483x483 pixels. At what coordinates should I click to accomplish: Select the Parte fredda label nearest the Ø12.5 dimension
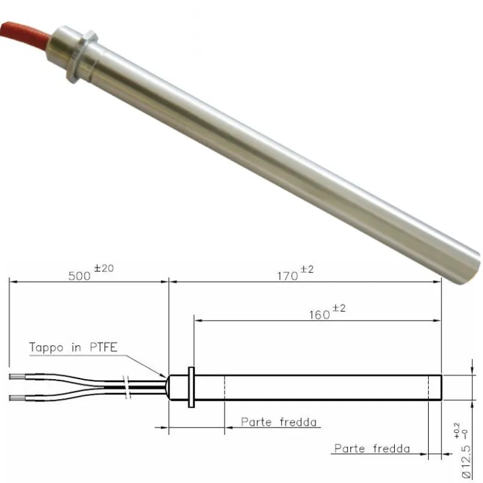pos(372,449)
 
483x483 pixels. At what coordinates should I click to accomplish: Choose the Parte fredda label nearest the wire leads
pos(279,421)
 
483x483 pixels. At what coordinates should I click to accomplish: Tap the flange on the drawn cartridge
pos(191,387)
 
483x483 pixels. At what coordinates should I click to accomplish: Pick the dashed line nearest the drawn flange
pos(225,387)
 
